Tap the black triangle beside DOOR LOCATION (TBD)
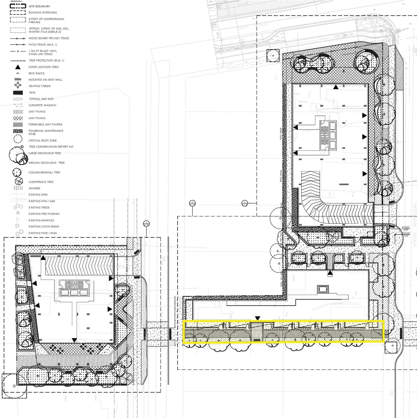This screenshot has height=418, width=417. coord(18,67)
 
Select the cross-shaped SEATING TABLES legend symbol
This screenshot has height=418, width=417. coord(18,86)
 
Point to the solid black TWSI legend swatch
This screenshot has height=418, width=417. coord(18,92)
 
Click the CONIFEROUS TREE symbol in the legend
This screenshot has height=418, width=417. coord(19,182)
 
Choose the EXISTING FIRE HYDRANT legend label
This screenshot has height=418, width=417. coord(44,214)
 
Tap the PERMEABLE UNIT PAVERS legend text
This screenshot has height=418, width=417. coord(45,124)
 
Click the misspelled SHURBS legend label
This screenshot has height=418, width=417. coord(35,188)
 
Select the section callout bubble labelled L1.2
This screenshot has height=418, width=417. coord(192,203)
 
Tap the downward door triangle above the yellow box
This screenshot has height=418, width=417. coord(258,318)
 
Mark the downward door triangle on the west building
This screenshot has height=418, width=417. coord(74,340)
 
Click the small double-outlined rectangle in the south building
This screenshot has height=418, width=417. coord(322,289)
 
